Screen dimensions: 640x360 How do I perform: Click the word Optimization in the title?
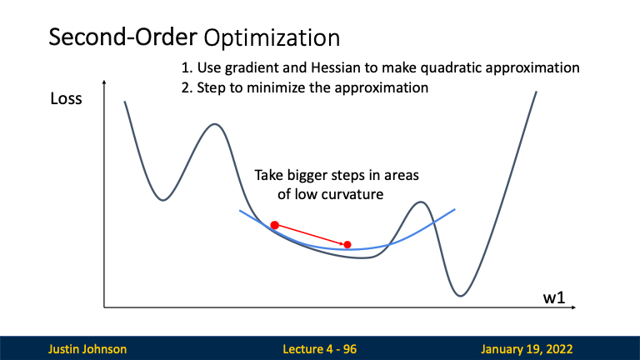tap(272, 38)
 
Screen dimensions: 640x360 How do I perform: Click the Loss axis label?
tap(66, 99)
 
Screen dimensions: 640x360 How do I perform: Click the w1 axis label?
tap(554, 298)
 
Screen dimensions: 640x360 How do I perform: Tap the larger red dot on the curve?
tap(275, 225)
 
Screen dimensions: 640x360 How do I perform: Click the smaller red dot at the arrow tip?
tap(347, 244)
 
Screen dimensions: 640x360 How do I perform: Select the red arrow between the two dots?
tap(311, 235)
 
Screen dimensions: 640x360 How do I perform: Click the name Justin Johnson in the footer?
tap(87, 349)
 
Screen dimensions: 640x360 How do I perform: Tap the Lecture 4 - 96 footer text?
tap(320, 349)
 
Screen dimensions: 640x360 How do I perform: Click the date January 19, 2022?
tap(527, 349)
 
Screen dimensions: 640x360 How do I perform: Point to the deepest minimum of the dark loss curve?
tap(461, 296)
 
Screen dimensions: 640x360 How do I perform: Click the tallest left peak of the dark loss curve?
tap(215, 124)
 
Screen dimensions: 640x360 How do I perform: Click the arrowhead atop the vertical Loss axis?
tap(104, 82)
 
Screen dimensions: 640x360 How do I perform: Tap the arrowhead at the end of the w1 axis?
tap(574, 307)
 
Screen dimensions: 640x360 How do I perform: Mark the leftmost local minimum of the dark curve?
tap(163, 200)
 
